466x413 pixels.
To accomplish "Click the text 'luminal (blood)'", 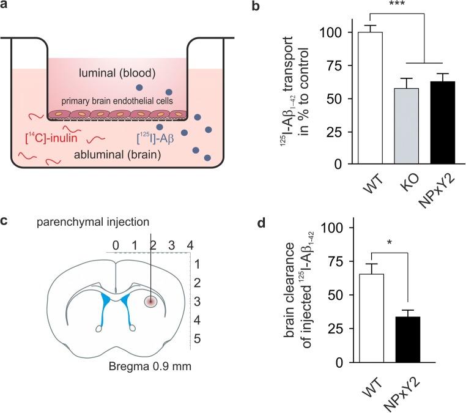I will coord(118,73).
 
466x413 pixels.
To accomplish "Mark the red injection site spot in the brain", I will coord(150,300).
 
